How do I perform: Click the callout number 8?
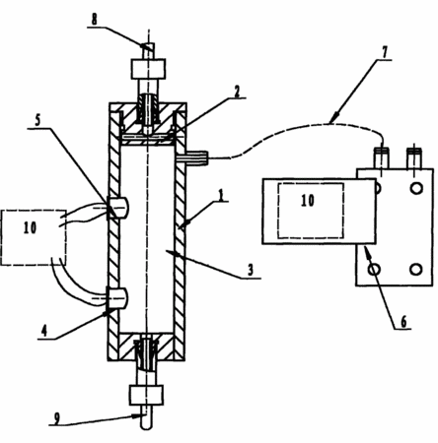coord(95,19)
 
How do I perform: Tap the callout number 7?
coord(385,51)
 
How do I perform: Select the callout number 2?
coord(237,92)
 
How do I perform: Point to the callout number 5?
coord(37,120)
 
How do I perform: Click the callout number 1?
coord(221,195)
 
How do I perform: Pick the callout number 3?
coord(251,270)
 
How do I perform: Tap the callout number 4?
coord(43,331)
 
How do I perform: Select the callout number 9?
coord(57,418)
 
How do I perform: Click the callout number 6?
coord(403,321)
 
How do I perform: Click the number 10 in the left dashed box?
coord(30,227)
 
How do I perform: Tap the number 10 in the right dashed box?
coord(308,200)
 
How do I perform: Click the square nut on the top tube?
coord(148,69)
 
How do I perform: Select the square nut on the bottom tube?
coord(147,395)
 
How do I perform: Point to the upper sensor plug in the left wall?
coord(117,208)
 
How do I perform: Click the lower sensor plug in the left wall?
coord(117,298)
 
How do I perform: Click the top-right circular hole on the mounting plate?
coord(416,188)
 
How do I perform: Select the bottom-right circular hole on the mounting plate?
coord(416,269)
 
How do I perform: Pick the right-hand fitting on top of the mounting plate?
coord(414,158)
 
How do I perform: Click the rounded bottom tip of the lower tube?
coord(146,425)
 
